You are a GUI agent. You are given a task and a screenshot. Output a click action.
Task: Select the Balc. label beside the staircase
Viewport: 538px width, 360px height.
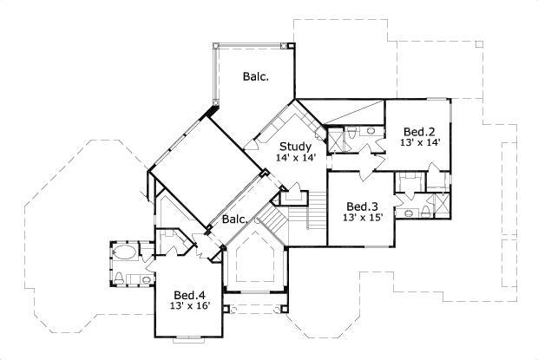(234, 219)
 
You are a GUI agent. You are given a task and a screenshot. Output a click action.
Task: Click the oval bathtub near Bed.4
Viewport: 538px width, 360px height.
(124, 254)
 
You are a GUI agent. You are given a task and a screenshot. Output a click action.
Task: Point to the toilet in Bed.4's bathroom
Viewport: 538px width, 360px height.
(119, 277)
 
